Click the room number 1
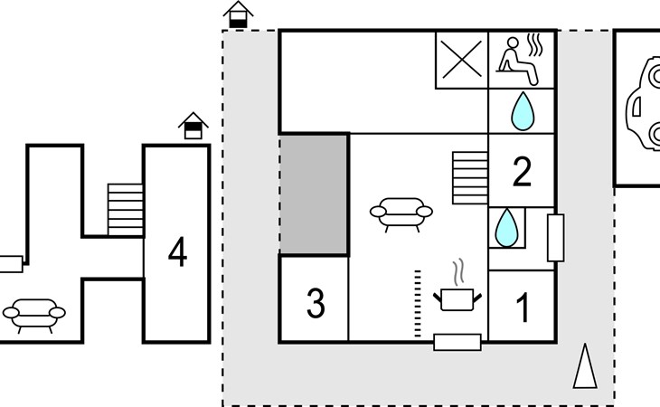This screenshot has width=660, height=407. coord(522,308)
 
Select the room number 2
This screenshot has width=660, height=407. coord(522,172)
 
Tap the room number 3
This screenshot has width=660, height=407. coord(315,305)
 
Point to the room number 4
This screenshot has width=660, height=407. coord(177,253)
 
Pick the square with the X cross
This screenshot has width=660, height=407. coord(462,60)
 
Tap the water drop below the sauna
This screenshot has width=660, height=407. coord(522,111)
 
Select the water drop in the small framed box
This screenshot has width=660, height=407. coord(507,227)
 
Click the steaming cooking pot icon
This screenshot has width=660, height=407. coord(457,290)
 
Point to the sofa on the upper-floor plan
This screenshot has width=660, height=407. coord(34,314)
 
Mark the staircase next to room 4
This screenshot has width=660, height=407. coord(126,209)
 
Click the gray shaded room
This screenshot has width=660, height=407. coord(314,194)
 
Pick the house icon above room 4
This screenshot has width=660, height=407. coord(193,127)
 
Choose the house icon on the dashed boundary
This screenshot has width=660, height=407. coord(238,14)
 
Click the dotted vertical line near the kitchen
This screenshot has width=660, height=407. coord(418,302)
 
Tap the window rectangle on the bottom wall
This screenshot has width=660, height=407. coord(457,342)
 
